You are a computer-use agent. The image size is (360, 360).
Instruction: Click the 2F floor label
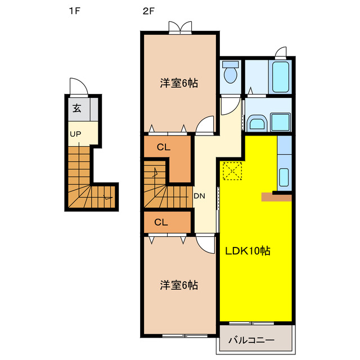[x=148, y=10]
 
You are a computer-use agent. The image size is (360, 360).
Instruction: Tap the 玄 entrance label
[x=76, y=109]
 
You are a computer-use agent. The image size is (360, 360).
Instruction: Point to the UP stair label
[x=75, y=134]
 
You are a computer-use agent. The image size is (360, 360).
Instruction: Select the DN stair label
[x=199, y=196]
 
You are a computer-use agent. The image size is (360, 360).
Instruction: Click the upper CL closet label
[x=163, y=148]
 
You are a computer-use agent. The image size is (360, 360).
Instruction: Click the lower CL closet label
[x=161, y=222]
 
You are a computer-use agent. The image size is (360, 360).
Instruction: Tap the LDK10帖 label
[x=248, y=251]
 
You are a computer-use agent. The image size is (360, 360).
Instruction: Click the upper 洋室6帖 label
[x=179, y=83]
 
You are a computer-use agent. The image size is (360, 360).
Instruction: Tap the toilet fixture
[x=231, y=73]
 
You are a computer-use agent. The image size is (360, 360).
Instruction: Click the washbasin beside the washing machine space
[x=257, y=123]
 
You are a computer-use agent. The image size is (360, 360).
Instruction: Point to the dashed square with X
[x=232, y=171]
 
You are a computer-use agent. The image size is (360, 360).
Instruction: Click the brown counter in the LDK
[x=276, y=196]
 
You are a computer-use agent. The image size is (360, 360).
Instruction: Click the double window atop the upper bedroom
[x=179, y=28]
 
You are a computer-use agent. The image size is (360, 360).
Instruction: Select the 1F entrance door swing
[x=77, y=86]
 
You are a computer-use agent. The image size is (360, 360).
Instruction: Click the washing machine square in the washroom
[x=280, y=122]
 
